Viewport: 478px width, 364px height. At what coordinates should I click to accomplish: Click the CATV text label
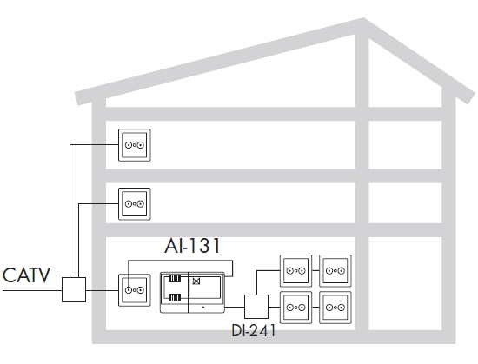pyautogui.click(x=26, y=275)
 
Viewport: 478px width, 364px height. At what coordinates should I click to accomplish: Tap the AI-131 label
pyautogui.click(x=192, y=246)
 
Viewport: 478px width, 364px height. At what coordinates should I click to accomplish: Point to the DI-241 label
pyautogui.click(x=254, y=330)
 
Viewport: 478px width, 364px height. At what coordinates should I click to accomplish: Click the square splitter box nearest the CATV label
pyautogui.click(x=74, y=289)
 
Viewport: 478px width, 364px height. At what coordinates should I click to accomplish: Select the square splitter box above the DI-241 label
pyautogui.click(x=256, y=307)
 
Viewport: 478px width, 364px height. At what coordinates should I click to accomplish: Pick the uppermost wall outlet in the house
pyautogui.click(x=135, y=145)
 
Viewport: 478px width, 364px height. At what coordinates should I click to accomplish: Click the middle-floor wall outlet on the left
pyautogui.click(x=135, y=204)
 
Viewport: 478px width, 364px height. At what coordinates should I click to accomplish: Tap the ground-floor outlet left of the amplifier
pyautogui.click(x=135, y=290)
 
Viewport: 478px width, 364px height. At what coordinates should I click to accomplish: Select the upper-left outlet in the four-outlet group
pyautogui.click(x=295, y=270)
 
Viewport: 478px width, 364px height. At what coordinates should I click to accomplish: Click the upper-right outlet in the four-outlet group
pyautogui.click(x=335, y=270)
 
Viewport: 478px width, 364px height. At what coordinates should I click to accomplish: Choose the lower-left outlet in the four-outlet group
pyautogui.click(x=295, y=308)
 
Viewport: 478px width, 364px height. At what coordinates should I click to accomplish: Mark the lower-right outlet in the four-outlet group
pyautogui.click(x=335, y=308)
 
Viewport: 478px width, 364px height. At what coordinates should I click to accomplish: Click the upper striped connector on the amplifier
pyautogui.click(x=175, y=278)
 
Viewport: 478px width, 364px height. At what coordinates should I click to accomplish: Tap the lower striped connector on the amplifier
pyautogui.click(x=175, y=297)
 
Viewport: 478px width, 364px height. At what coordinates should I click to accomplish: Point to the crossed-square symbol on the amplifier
pyautogui.click(x=196, y=281)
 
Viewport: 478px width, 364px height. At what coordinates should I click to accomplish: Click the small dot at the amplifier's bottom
pyautogui.click(x=203, y=308)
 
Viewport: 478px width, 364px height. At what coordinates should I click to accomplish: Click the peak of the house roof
pyautogui.click(x=363, y=18)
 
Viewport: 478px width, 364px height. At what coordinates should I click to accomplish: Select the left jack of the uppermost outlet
pyautogui.click(x=129, y=145)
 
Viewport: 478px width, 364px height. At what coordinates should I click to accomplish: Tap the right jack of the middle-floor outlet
pyautogui.click(x=140, y=204)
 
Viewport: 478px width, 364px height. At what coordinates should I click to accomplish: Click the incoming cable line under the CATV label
pyautogui.click(x=32, y=290)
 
